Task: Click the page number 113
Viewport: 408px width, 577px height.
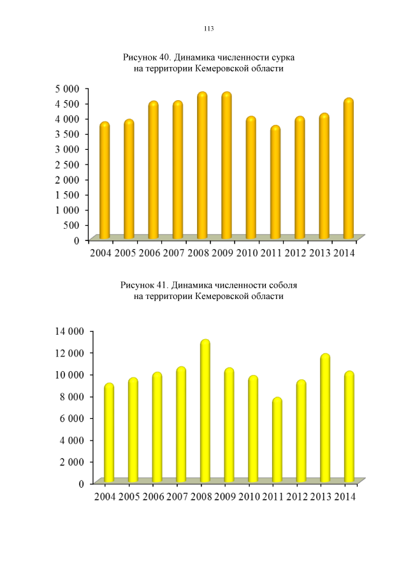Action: point(208,29)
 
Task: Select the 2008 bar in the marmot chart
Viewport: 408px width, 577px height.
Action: point(202,166)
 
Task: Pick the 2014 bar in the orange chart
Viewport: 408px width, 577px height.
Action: point(348,169)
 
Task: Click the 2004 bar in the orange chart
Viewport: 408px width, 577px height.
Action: point(105,181)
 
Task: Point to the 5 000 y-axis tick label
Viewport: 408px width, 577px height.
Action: point(66,88)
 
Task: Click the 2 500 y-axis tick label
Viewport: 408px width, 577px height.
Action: point(66,164)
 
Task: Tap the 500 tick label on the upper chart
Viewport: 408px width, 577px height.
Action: point(72,224)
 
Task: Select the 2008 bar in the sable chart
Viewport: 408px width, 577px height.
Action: point(205,411)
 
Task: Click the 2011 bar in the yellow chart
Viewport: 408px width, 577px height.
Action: point(277,440)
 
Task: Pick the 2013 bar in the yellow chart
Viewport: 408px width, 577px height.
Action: point(325,418)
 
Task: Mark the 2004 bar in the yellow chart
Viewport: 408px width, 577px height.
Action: point(109,433)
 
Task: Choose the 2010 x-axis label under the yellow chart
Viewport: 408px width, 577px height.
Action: point(249,497)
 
